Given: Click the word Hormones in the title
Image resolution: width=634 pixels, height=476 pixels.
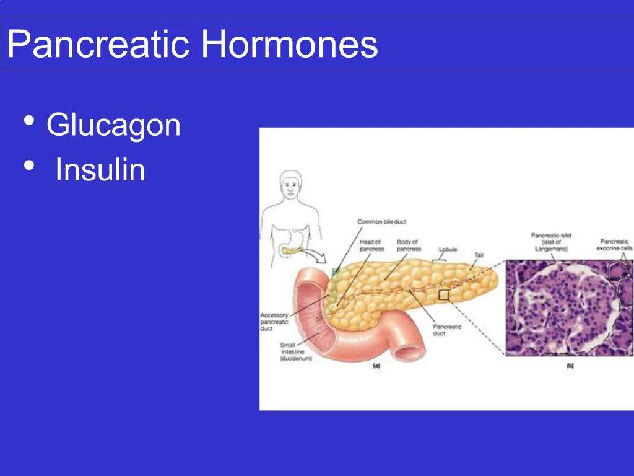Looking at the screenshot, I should click(289, 45).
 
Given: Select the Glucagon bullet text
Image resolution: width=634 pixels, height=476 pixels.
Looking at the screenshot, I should click(113, 125).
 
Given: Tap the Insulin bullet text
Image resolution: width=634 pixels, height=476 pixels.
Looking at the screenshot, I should click(100, 170).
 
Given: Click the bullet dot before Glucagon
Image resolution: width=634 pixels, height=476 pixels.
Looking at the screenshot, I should click(28, 121).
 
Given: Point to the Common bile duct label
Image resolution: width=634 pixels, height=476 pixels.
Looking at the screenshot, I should click(381, 222).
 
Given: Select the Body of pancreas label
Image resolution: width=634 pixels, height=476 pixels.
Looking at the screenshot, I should click(409, 245).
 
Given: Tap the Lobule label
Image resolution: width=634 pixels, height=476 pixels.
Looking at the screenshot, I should click(448, 249).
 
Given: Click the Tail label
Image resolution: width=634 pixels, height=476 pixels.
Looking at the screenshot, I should click(479, 255).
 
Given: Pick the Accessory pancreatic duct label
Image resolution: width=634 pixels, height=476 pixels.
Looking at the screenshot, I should click(274, 322).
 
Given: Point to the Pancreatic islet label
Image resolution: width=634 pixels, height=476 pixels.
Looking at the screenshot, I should click(550, 242).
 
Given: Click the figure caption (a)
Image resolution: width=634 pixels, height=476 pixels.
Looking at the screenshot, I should click(376, 366).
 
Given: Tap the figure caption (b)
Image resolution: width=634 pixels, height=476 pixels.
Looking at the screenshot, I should click(570, 366).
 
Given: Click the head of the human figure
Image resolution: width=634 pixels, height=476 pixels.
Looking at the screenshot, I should click(290, 183).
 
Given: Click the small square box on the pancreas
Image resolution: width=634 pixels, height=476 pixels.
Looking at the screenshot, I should click(443, 296).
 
